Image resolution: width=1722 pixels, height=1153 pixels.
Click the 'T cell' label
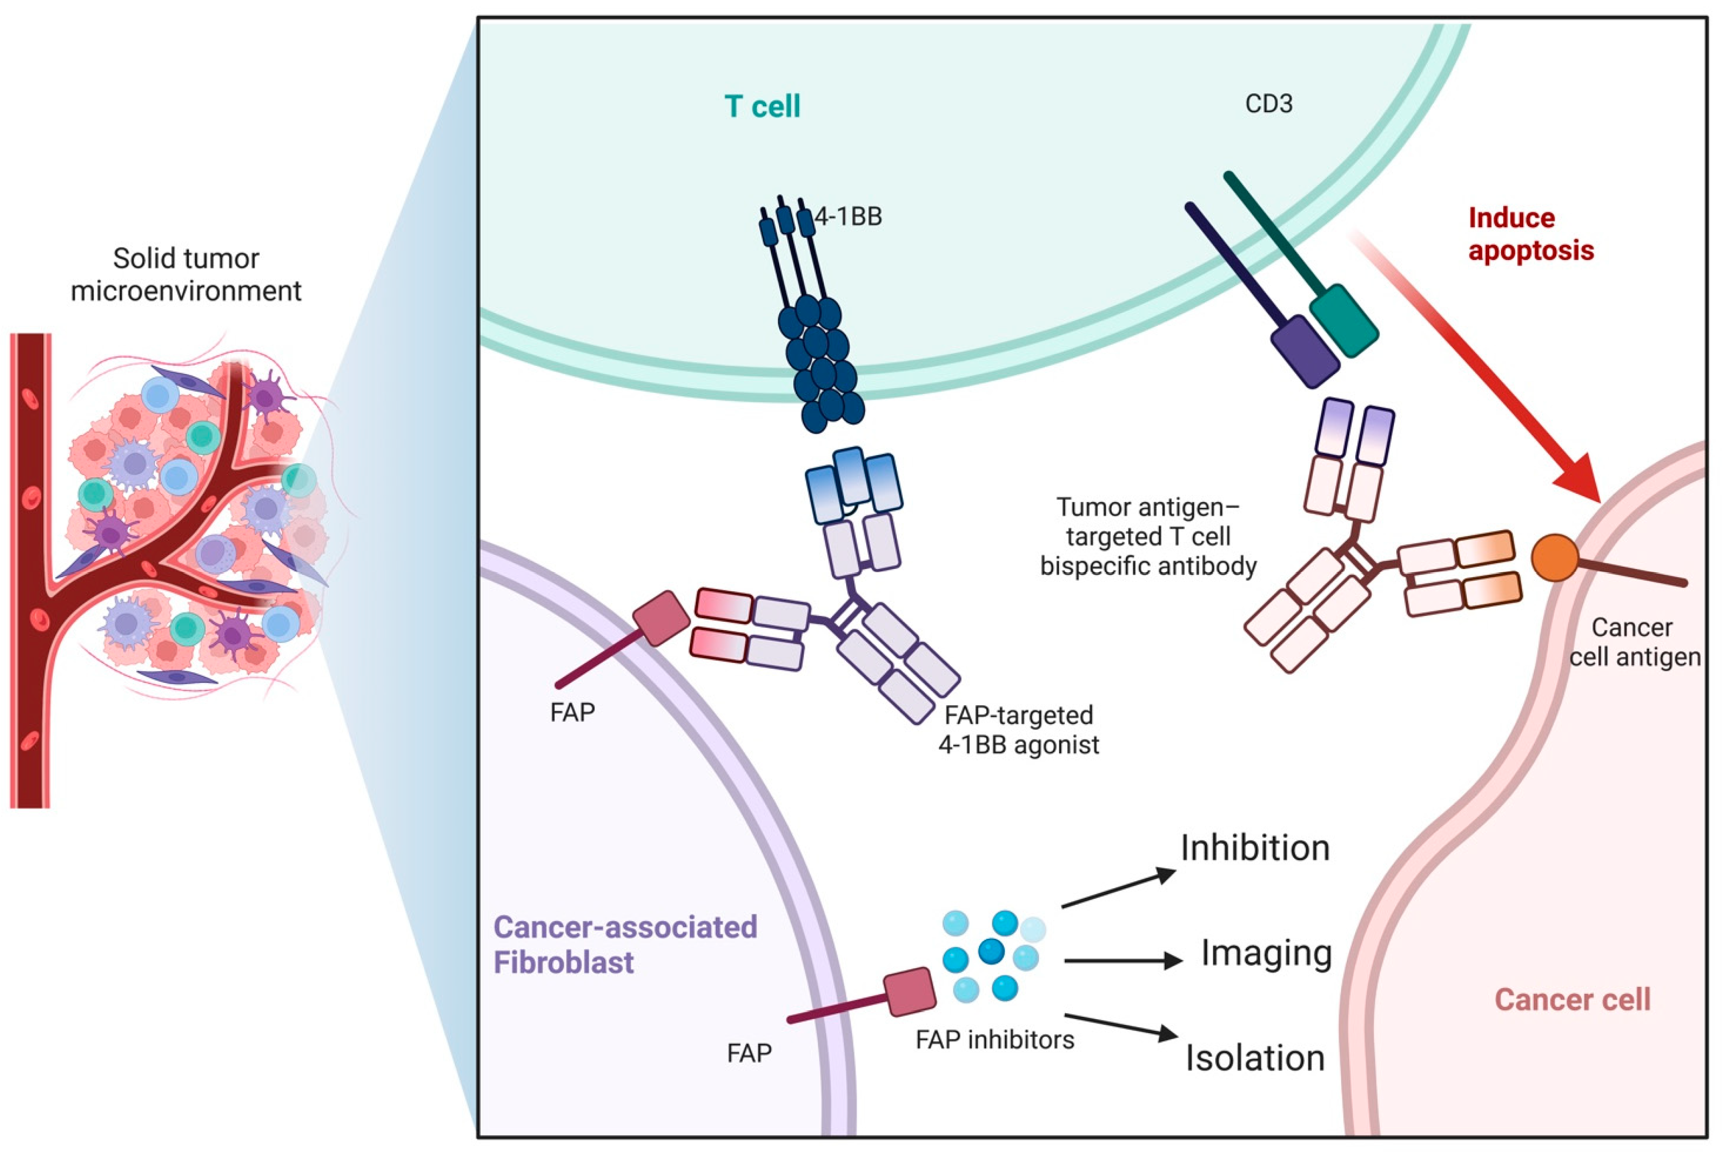click(762, 107)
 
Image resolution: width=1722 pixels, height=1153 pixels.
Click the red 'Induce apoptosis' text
click(1530, 234)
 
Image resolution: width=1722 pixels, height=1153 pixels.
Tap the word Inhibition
click(1255, 848)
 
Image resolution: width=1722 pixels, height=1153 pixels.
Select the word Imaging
click(1266, 953)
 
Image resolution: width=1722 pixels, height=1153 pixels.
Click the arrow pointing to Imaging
click(1122, 960)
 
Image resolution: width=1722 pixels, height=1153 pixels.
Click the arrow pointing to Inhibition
click(1118, 889)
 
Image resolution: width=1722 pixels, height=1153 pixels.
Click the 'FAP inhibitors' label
click(994, 1040)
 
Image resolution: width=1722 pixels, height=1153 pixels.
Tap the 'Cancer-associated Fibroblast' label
click(625, 944)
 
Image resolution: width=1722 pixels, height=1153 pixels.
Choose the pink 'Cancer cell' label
click(1573, 999)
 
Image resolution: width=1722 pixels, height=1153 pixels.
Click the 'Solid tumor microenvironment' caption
click(186, 274)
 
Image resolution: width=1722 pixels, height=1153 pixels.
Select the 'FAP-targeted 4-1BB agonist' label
click(1019, 729)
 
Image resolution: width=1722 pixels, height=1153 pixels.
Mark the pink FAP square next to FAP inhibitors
click(909, 992)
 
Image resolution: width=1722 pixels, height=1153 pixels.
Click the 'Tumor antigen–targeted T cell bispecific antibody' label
click(1148, 536)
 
